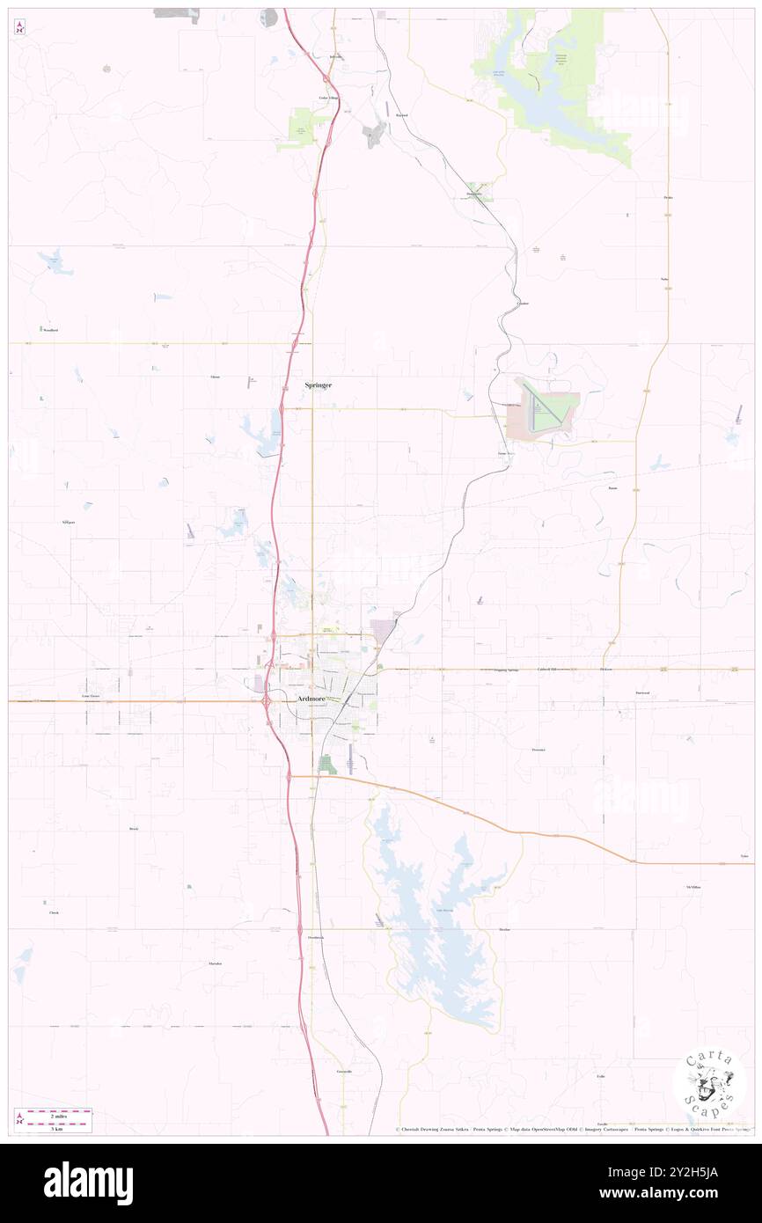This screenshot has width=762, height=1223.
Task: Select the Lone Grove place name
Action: [x=92, y=695]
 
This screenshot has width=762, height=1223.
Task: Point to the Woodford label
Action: [x=50, y=330]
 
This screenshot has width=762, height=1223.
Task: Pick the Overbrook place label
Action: [x=316, y=938]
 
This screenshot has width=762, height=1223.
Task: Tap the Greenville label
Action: [x=343, y=1072]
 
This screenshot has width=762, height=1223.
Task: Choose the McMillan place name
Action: [x=692, y=888]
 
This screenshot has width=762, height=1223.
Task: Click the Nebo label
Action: [x=665, y=280]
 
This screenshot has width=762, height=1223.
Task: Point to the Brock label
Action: [x=134, y=829]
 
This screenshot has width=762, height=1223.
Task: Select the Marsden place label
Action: [x=215, y=963]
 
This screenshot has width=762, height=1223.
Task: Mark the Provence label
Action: [x=539, y=750]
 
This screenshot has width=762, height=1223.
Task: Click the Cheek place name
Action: [x=54, y=913]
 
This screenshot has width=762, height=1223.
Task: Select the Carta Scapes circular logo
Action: [x=708, y=1083]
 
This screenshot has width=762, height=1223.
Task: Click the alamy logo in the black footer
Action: [x=88, y=1183]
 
